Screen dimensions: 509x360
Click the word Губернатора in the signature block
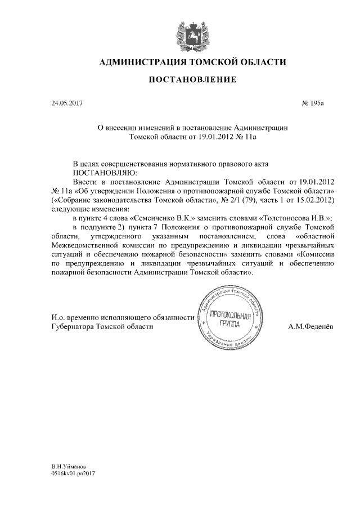pos(69,327)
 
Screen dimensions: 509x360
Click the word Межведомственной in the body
pos(82,245)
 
